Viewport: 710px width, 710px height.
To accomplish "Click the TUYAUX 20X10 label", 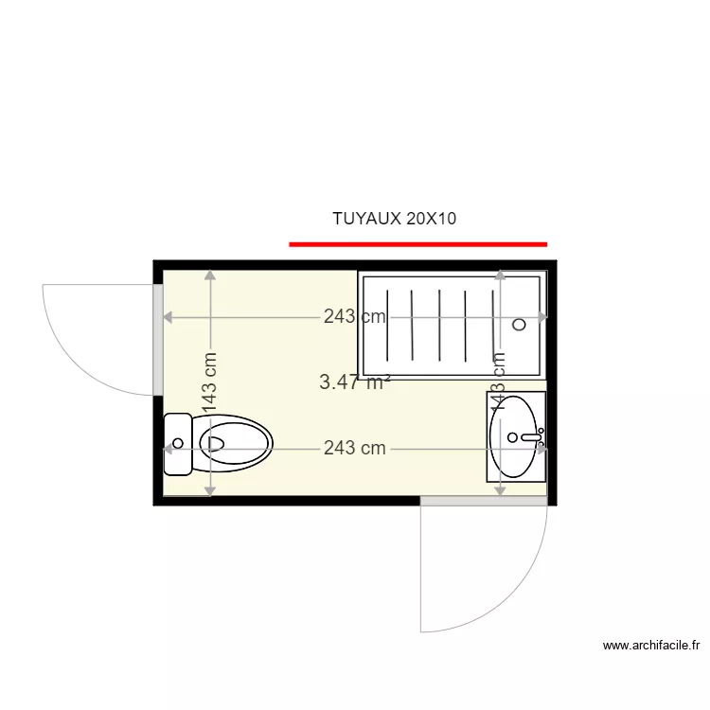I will [x=394, y=219].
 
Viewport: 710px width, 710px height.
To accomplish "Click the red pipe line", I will [x=417, y=244].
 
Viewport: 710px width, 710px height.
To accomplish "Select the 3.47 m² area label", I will [x=354, y=382].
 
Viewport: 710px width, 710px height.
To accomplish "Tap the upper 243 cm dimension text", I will [x=354, y=317].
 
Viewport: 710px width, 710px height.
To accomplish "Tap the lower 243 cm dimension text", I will [x=354, y=448].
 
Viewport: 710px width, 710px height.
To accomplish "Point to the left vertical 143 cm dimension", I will [x=210, y=383].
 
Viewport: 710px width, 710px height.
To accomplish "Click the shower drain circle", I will [x=519, y=324].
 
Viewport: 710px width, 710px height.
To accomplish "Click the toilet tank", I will [x=177, y=444].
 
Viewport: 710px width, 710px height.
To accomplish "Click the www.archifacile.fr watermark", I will [x=651, y=646].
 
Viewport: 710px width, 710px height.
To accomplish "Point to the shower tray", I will [x=452, y=324].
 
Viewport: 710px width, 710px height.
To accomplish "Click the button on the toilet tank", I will [x=177, y=443].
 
